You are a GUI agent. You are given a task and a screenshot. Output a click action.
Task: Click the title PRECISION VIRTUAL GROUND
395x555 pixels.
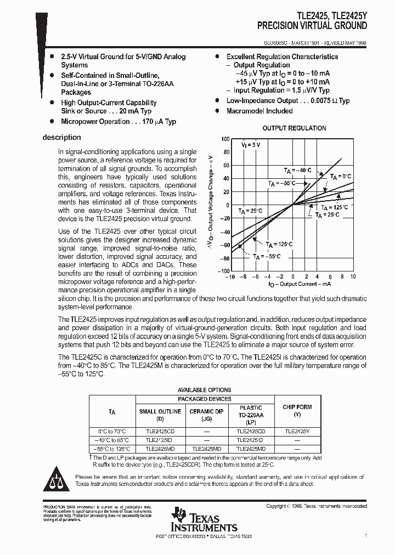coord(312,26)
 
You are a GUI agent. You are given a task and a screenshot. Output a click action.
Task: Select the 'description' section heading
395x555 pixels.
coord(61,138)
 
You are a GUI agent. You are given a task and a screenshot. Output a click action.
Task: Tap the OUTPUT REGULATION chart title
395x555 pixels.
coord(294,128)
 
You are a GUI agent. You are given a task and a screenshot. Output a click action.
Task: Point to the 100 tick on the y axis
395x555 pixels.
coord(225,139)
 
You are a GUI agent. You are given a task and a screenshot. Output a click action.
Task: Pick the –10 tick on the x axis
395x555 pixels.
coord(232,277)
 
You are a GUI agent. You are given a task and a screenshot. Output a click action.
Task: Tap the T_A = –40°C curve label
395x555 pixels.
coord(297,171)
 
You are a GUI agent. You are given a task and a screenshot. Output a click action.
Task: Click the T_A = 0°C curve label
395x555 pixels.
coord(340,176)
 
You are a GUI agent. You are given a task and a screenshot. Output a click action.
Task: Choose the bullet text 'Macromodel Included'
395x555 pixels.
coord(259,111)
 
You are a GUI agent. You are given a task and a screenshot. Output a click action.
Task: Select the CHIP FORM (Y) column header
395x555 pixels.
coord(297,411)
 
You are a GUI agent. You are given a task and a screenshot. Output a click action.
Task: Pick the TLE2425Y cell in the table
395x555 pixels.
coord(297,432)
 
